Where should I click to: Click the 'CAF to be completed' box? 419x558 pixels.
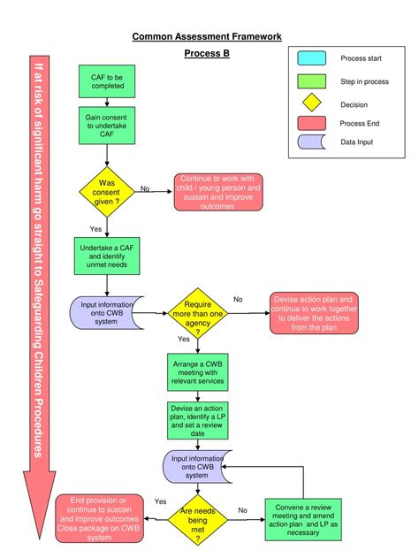coord(107,82)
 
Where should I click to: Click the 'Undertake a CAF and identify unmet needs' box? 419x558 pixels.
coord(107,256)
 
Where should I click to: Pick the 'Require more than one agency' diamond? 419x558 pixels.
coord(198,313)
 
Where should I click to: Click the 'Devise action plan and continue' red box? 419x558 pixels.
coord(314,313)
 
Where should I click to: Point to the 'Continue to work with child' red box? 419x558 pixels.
coord(217,193)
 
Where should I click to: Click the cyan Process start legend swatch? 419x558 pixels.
coord(311,58)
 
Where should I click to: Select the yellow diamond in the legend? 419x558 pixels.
coord(311,103)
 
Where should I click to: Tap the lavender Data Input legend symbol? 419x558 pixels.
coord(311,141)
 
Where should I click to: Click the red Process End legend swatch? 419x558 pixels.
coord(311,123)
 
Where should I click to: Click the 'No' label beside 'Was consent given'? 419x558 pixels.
coord(145,188)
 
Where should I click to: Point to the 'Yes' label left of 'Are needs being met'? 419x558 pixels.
coord(160,501)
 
